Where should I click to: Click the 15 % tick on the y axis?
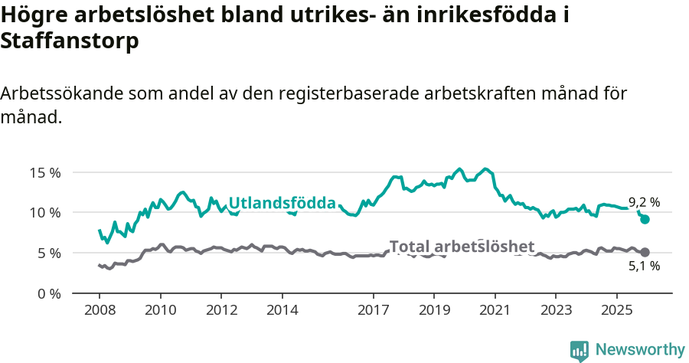45,172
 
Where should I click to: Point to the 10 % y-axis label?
45,212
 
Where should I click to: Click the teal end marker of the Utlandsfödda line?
645,219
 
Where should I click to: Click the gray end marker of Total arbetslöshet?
645,252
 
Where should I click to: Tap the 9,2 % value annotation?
644,203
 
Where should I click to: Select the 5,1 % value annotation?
644,267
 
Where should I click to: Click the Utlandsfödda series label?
282,203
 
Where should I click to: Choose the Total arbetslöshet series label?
462,247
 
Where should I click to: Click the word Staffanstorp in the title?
70,41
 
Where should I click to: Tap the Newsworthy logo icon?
580,350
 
